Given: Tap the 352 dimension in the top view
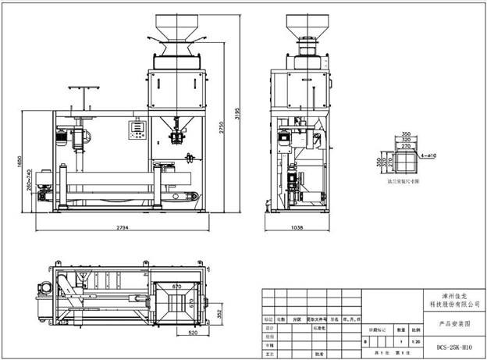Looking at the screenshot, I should pyautogui.click(x=219, y=314).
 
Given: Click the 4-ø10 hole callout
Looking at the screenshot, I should pyautogui.click(x=427, y=156).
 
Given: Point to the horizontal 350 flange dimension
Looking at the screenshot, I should pyautogui.click(x=405, y=134).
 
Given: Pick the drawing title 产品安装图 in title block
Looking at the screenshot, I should pyautogui.click(x=456, y=321).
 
